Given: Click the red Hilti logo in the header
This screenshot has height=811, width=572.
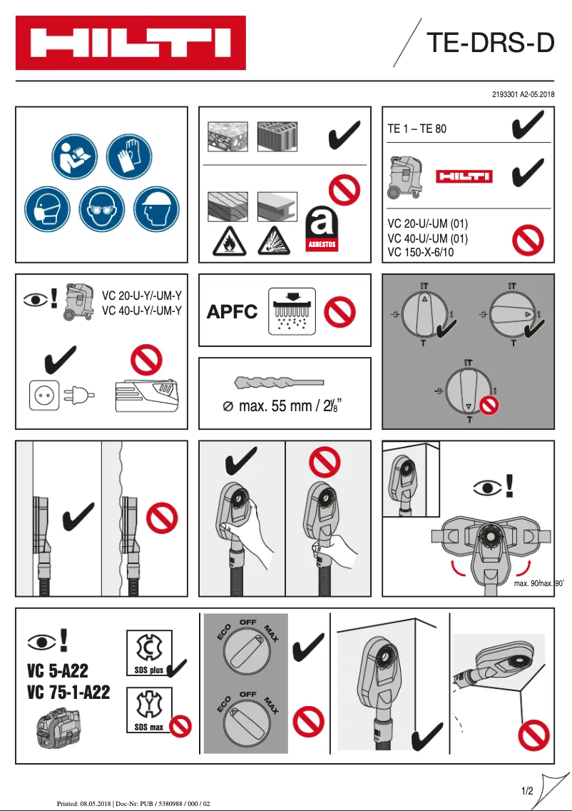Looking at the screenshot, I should tap(131, 43).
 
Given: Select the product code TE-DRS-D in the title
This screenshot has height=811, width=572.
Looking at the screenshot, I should tap(489, 44).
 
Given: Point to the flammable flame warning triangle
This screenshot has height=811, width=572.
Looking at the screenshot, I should tap(229, 241).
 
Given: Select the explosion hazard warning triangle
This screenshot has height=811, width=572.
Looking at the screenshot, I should tap(275, 241).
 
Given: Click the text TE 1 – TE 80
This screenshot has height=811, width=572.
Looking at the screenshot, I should tap(417, 130).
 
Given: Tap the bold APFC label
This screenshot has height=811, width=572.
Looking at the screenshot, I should tap(232, 312).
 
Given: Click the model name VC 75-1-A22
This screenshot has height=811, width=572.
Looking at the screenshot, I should tap(68, 692).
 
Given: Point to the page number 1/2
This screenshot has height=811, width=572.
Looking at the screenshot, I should tap(528, 791).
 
